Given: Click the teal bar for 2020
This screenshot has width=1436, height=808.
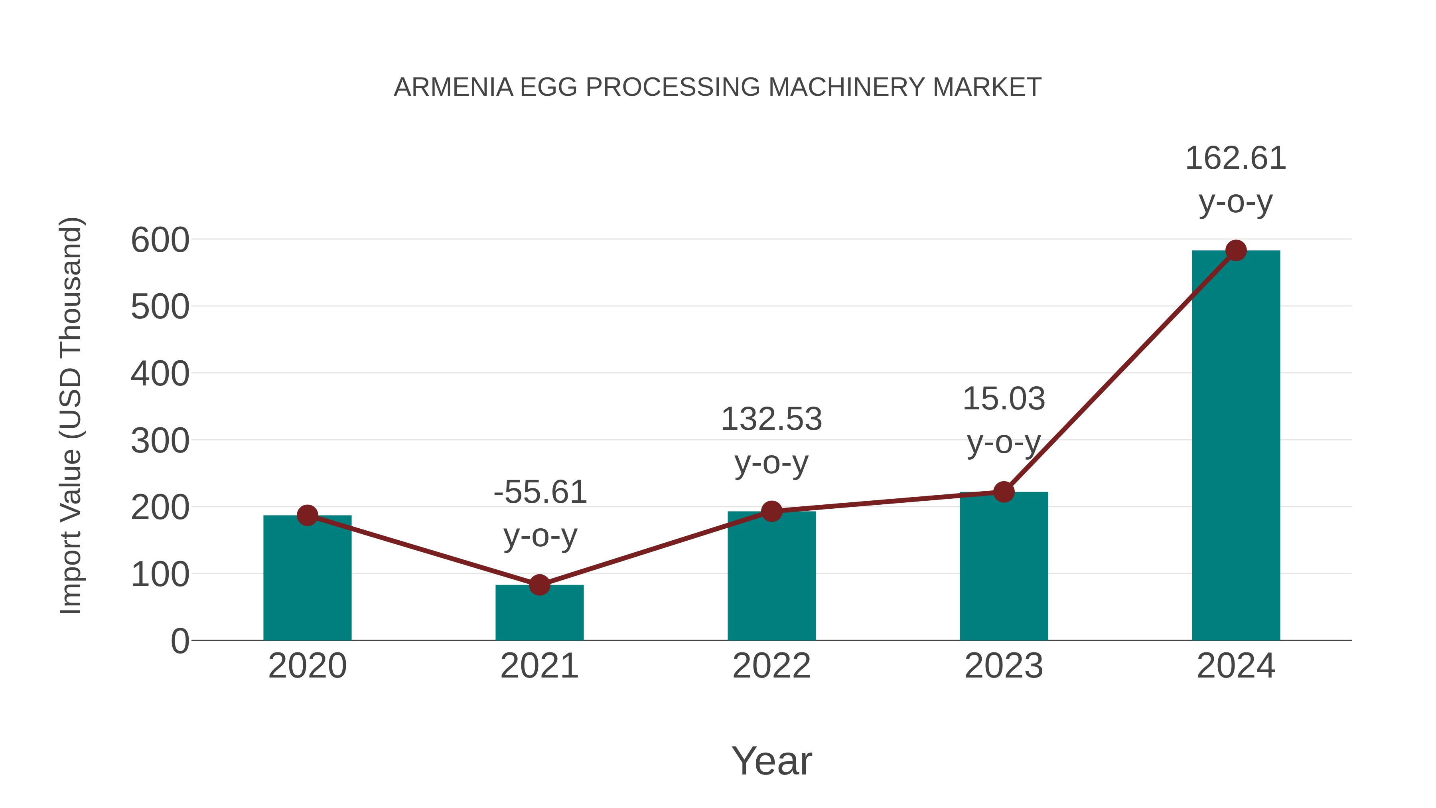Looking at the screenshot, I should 307,580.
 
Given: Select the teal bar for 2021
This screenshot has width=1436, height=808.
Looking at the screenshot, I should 539,613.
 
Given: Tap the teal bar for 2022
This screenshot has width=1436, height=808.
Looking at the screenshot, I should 771,577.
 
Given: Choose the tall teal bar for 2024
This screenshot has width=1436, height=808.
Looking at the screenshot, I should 1236,446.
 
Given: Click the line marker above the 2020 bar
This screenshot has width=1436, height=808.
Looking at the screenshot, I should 307,515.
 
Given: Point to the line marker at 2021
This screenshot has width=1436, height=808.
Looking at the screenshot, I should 539,585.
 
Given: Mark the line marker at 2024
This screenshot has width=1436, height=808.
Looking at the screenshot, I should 1236,250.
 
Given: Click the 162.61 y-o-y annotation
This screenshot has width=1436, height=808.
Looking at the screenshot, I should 1236,180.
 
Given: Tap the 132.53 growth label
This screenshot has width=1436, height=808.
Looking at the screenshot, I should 771,441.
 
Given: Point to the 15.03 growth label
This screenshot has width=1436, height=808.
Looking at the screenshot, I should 1004,421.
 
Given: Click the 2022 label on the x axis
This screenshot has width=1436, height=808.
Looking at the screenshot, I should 771,666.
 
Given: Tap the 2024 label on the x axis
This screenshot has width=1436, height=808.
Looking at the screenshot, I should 1236,666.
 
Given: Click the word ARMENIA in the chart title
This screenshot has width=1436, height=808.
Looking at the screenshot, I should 453,87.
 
